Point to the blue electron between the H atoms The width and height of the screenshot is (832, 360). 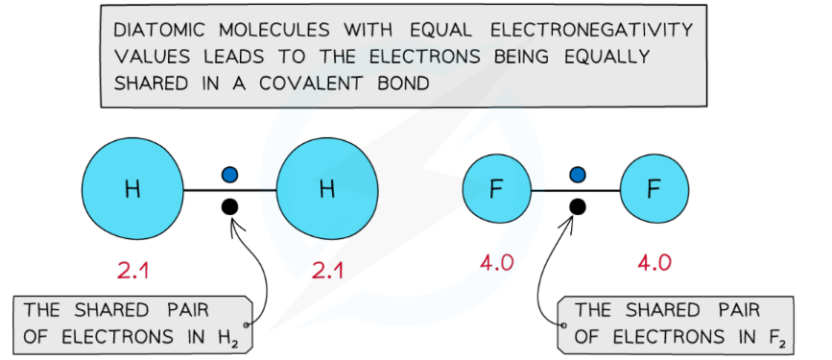tap(229, 175)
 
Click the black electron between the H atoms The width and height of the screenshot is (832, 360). tap(229, 205)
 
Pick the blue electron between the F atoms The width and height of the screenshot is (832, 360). tap(577, 175)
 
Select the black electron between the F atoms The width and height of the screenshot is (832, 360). tap(577, 205)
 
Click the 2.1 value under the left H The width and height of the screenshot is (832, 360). tap(132, 271)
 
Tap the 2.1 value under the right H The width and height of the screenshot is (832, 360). tap(327, 271)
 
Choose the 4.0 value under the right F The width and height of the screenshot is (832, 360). tap(654, 262)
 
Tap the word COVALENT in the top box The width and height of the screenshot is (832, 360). tap(298, 83)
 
